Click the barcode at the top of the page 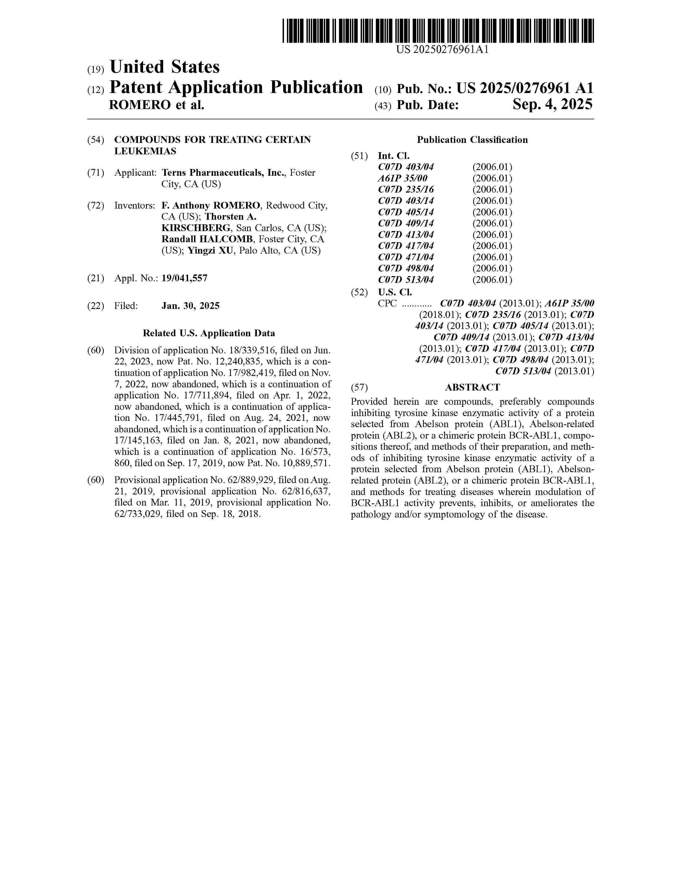click(438, 31)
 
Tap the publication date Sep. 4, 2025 click(552, 105)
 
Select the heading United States click(164, 67)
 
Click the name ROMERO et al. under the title click(156, 105)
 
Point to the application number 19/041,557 click(184, 278)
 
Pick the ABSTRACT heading click(472, 387)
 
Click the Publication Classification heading click(472, 140)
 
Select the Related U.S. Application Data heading click(209, 333)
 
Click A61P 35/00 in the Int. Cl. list click(402, 178)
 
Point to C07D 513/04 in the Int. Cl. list click(406, 280)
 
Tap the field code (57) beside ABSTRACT click(359, 387)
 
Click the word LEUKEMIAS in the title click(145, 151)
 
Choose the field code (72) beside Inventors click(95, 205)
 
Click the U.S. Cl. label click(395, 292)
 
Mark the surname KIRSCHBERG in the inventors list click(196, 228)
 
